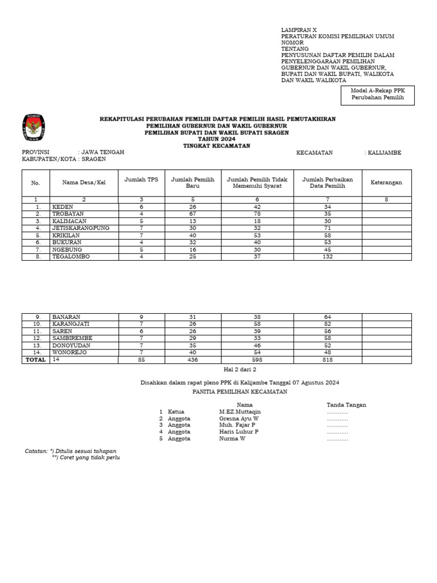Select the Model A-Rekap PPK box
point(378,95)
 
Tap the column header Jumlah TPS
point(141,179)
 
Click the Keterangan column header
point(386,182)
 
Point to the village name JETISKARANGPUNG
point(80,228)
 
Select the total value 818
point(327,360)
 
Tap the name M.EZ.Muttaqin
point(240,411)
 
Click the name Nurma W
point(232,438)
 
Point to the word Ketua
point(176,411)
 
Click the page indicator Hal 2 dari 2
point(218,369)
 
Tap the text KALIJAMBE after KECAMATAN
point(385,153)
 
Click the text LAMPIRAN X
point(299,29)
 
